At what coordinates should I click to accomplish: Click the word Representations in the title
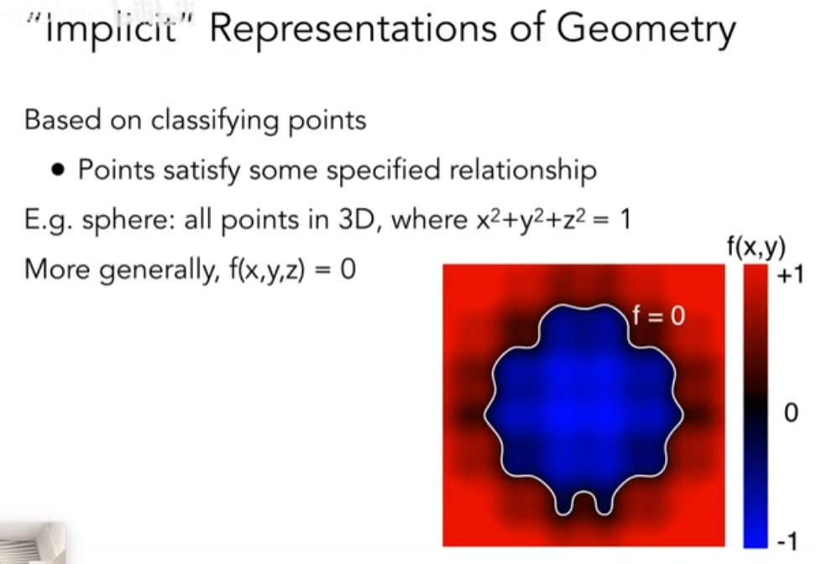[353, 29]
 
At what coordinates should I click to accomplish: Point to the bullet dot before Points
[59, 170]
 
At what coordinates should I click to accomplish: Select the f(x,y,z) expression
[267, 269]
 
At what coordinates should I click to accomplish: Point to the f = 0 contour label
[659, 316]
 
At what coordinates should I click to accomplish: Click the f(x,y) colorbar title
[756, 247]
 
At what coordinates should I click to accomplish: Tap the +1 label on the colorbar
[789, 275]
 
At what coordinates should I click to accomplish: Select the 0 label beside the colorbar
[791, 413]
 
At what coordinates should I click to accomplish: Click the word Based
[62, 120]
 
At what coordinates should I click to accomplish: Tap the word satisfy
[202, 170]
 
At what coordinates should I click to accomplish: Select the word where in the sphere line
[429, 220]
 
